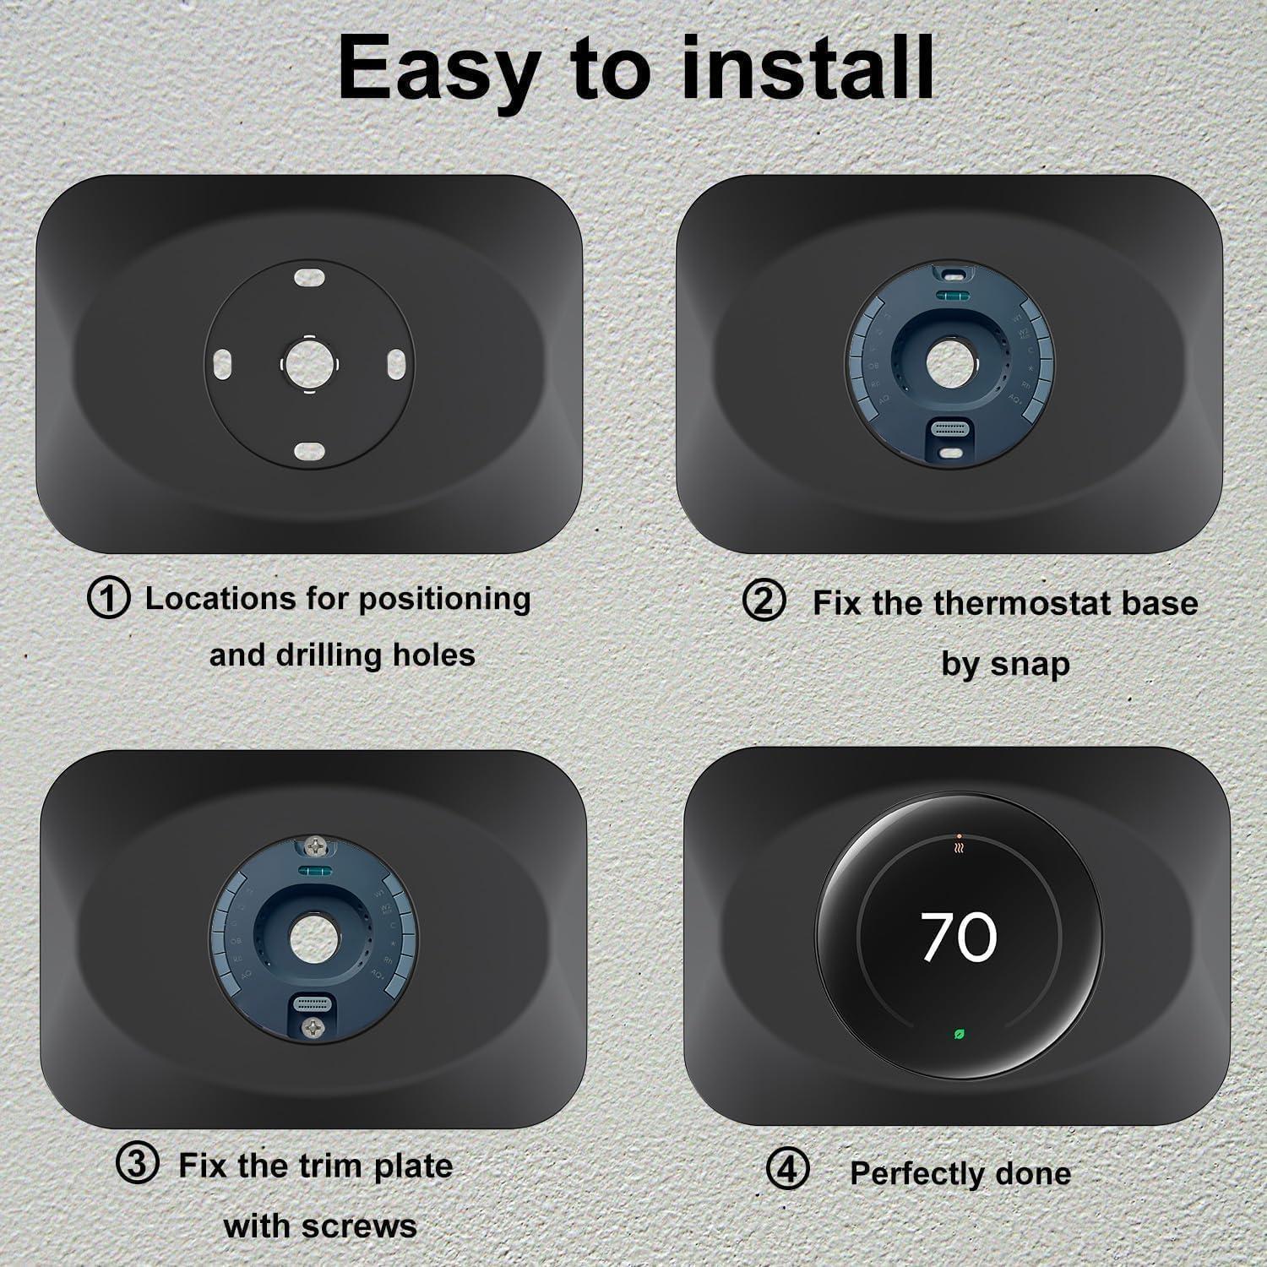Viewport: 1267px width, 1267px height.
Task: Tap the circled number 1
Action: (x=109, y=598)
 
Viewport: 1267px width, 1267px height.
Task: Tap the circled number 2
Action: (x=764, y=601)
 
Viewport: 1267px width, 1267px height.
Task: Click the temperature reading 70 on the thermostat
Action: (x=959, y=937)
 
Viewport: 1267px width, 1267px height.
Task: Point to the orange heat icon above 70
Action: (x=959, y=845)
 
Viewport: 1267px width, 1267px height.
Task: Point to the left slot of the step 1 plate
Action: (x=225, y=363)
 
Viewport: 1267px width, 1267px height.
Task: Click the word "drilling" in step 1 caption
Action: (x=330, y=655)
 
